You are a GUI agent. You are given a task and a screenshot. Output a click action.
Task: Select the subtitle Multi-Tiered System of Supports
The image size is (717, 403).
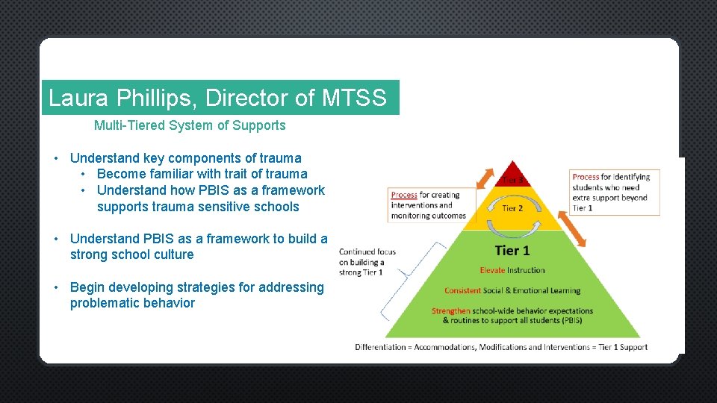coord(190,125)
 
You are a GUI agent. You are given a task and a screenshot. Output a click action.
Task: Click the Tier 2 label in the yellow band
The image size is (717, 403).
coord(512,208)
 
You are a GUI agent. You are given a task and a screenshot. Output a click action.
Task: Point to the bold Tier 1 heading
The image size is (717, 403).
coord(512,251)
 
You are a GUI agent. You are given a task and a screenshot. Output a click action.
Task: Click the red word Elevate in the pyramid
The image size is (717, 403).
coord(494,270)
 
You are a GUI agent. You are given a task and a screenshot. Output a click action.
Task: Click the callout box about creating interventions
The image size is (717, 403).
coord(428,205)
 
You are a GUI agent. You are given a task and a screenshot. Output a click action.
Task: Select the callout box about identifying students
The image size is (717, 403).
coord(615,193)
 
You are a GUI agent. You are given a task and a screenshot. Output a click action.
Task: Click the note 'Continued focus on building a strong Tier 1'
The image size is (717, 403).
coord(367,262)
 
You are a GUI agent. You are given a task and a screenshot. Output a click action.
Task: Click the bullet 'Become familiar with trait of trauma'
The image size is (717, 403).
coord(202,174)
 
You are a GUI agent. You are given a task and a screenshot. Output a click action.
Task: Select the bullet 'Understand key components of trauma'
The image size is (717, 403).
coord(185,158)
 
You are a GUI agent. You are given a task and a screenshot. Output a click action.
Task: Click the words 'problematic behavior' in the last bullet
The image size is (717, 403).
coord(132,303)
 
